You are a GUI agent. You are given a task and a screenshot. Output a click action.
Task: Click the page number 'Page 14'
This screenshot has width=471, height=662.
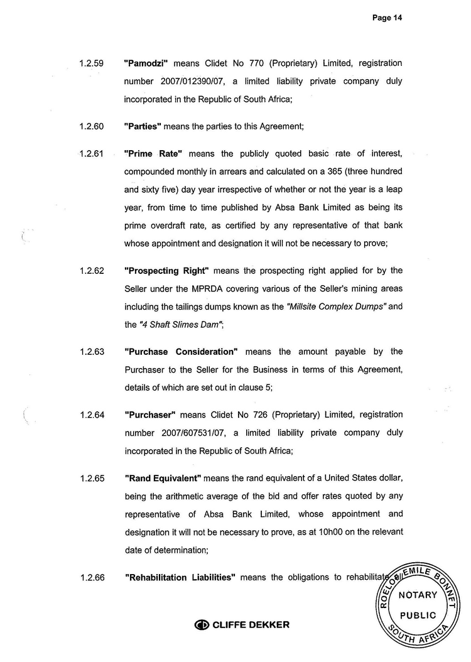(x=386, y=18)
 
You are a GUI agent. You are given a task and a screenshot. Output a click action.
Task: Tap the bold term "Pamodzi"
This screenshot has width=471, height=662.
(x=147, y=63)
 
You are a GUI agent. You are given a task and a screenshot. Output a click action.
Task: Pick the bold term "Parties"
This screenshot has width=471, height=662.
(x=143, y=126)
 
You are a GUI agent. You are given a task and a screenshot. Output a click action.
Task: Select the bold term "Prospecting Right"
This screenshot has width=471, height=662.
(x=166, y=271)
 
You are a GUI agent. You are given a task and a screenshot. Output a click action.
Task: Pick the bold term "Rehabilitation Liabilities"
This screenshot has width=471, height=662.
(x=180, y=578)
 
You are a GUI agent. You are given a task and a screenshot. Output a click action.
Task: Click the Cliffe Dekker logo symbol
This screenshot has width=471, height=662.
(x=202, y=625)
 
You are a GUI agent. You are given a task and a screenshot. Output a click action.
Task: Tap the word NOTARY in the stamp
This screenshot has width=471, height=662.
(x=417, y=594)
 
